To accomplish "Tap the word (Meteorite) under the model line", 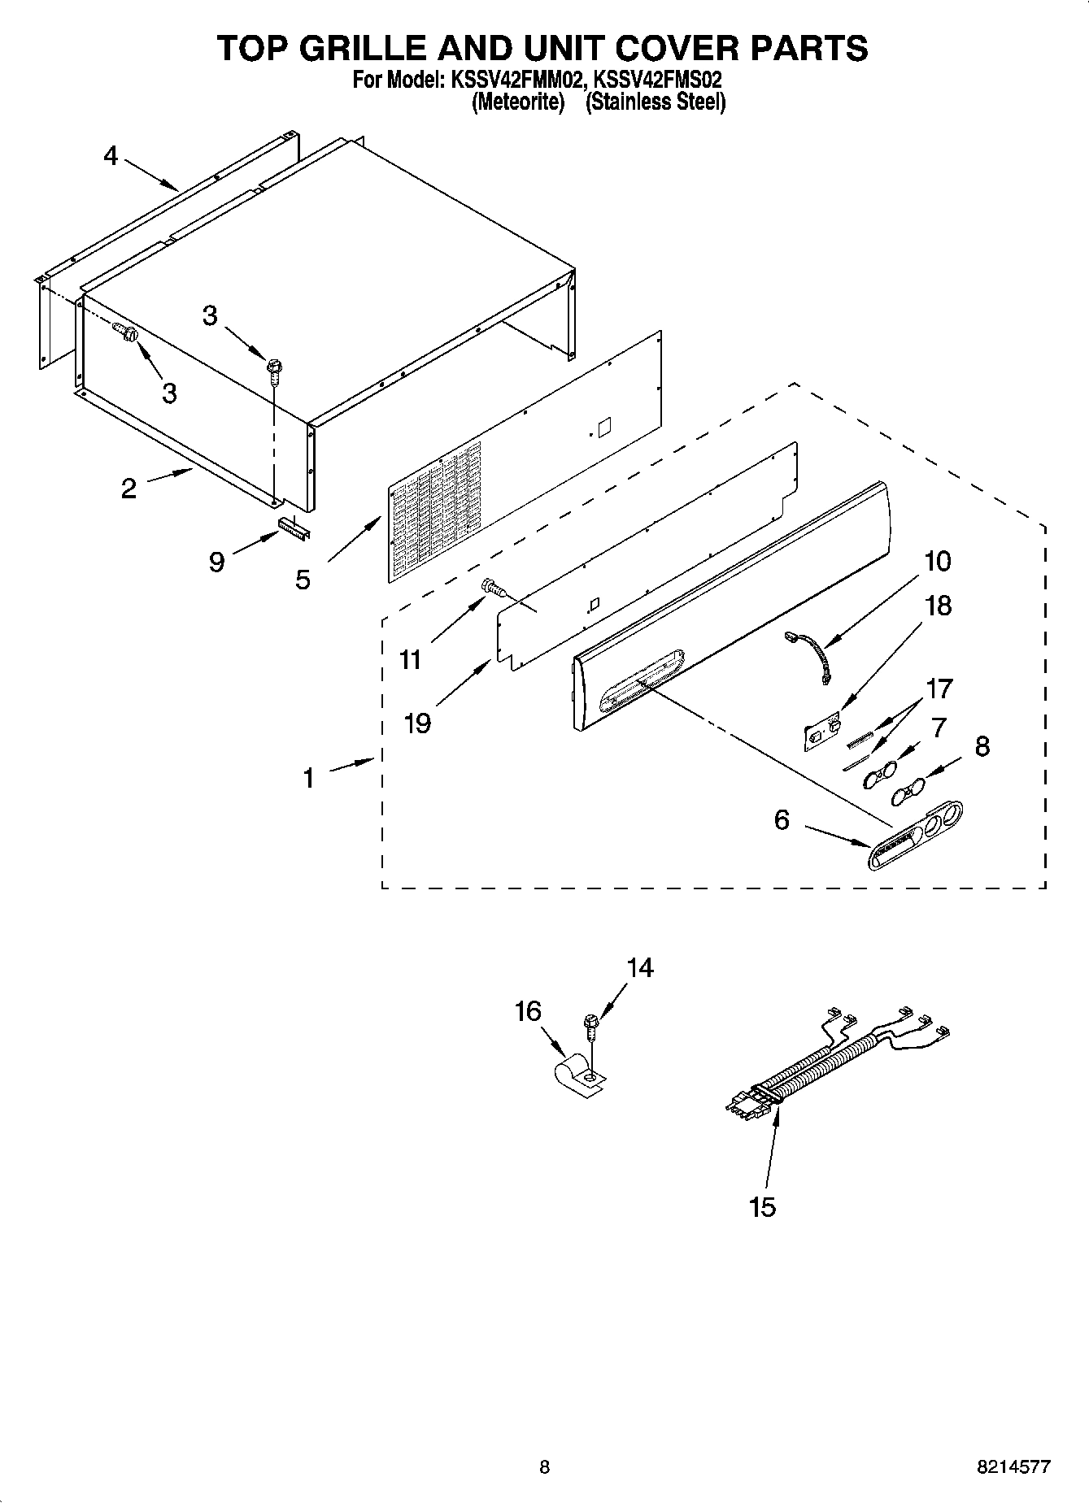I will [518, 102].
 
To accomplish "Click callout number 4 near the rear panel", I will [111, 155].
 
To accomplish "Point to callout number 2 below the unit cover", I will [129, 489].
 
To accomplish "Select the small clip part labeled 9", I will [294, 529].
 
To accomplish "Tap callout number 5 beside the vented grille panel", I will [303, 580].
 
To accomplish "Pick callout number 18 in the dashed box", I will [939, 606].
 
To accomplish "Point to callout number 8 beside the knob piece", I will [982, 746].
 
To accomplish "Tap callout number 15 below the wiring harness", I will [763, 1207].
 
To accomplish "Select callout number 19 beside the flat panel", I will [417, 722].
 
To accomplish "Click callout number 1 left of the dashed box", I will [308, 779].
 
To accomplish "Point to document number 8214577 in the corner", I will [1013, 1467].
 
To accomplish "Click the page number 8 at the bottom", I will [544, 1467].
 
